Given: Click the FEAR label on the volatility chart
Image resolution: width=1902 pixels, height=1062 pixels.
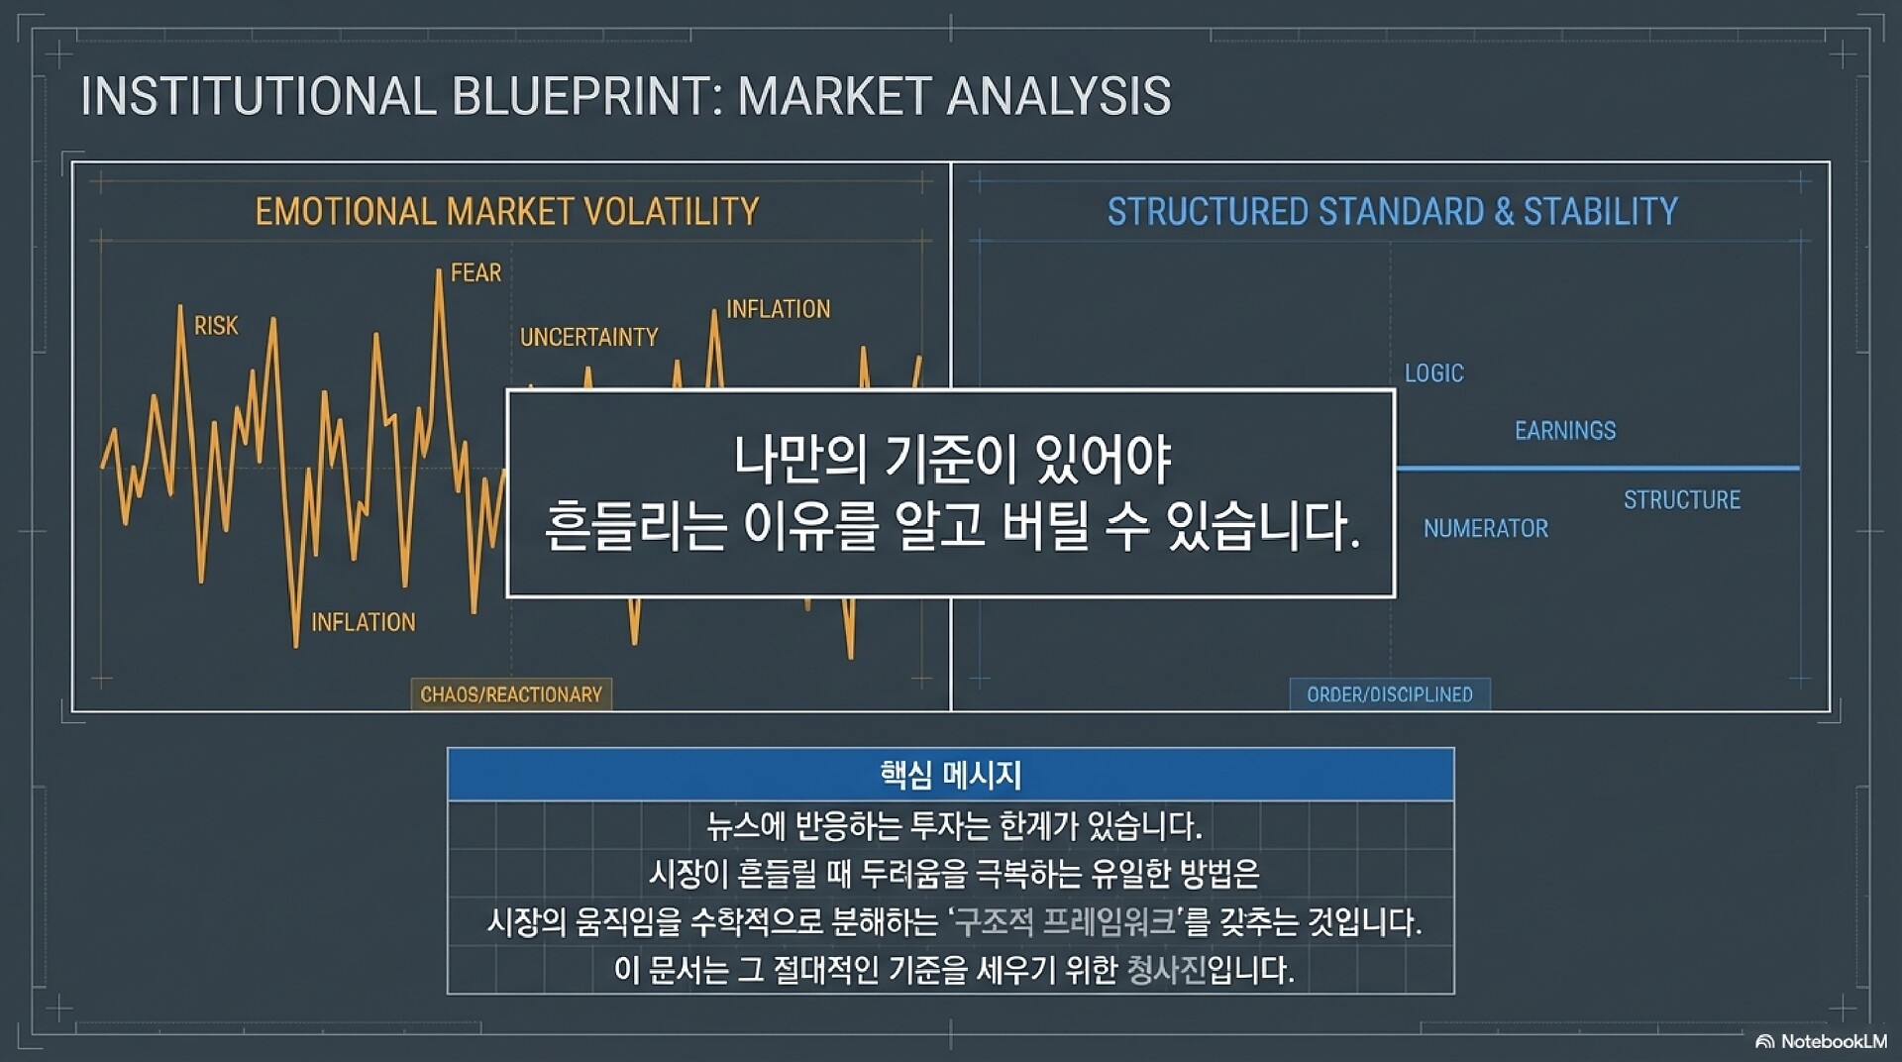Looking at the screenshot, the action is tap(475, 272).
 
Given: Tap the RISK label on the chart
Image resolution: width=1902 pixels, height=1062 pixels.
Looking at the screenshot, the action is tap(216, 325).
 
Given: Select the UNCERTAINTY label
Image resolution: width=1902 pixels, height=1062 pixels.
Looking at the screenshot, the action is tap(588, 337).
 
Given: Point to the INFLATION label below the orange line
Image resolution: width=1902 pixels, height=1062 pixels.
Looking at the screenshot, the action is tap(364, 622).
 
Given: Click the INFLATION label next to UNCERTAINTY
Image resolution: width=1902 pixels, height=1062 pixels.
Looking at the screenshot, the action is tap(778, 309).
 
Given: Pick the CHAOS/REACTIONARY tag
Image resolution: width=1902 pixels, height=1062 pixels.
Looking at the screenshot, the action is tap(511, 694).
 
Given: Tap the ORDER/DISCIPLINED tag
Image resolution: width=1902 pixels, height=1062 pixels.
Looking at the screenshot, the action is tap(1390, 694).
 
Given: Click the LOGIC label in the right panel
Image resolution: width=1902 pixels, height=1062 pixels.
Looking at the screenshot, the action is tap(1433, 373).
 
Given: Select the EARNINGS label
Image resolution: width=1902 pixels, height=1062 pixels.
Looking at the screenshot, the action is tap(1565, 431).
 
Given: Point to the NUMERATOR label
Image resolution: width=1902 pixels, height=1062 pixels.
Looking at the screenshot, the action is tap(1486, 529).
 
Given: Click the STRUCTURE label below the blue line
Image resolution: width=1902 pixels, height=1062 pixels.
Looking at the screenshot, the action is tap(1682, 500).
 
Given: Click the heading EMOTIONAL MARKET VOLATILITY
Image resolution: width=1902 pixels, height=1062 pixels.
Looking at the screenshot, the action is tap(507, 212).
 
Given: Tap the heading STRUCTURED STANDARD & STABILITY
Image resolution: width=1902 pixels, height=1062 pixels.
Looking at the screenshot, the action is tap(1393, 212).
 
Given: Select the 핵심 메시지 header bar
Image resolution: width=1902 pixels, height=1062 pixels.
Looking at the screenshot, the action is tap(951, 775).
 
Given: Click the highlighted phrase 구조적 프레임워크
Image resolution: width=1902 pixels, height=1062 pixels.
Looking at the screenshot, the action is tap(1063, 922).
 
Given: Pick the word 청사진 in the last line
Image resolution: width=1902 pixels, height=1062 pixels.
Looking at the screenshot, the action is tap(1166, 969).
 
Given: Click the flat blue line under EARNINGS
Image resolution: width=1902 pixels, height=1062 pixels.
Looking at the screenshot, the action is tap(1598, 468).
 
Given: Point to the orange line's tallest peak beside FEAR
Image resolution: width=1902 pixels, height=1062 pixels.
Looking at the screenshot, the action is tap(438, 270).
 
